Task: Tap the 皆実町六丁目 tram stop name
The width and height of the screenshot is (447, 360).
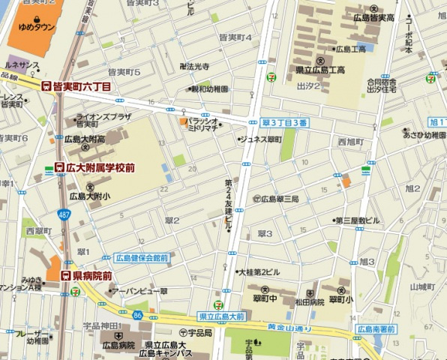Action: (82, 87)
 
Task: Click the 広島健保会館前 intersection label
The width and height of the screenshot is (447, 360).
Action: (142, 257)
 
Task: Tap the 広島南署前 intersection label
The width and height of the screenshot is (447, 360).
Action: (375, 328)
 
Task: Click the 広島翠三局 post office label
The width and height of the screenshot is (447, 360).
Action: (279, 199)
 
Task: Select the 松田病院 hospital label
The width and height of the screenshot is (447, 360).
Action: (309, 302)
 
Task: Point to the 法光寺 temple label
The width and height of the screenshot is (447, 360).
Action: (197, 67)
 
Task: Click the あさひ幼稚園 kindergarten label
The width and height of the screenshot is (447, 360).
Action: (424, 135)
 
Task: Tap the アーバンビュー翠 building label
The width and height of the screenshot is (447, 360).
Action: (142, 290)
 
